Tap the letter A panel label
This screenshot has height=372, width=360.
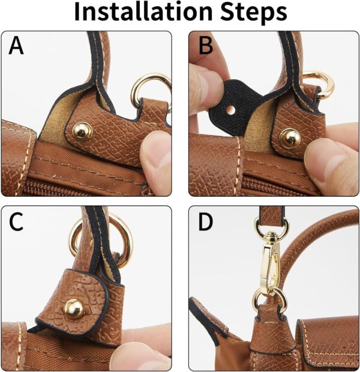click(x=16, y=46)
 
